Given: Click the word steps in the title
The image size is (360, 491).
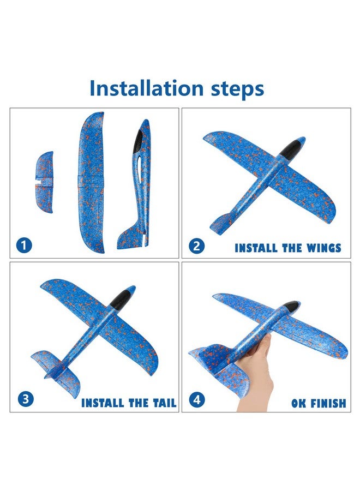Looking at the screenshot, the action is [238, 89].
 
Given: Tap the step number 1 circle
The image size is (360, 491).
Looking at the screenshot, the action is [24, 245].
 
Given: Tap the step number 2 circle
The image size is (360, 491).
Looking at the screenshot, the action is [196, 246].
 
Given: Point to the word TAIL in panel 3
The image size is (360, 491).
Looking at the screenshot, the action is [165, 403].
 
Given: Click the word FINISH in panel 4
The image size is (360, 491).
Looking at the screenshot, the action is [327, 403].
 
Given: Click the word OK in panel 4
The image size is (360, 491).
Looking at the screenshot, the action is [298, 403].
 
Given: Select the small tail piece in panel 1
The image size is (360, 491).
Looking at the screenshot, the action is [44, 182].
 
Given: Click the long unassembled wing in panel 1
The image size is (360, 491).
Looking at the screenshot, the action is [91, 183].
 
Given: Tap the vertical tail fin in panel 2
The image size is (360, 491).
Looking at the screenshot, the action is [221, 222].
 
